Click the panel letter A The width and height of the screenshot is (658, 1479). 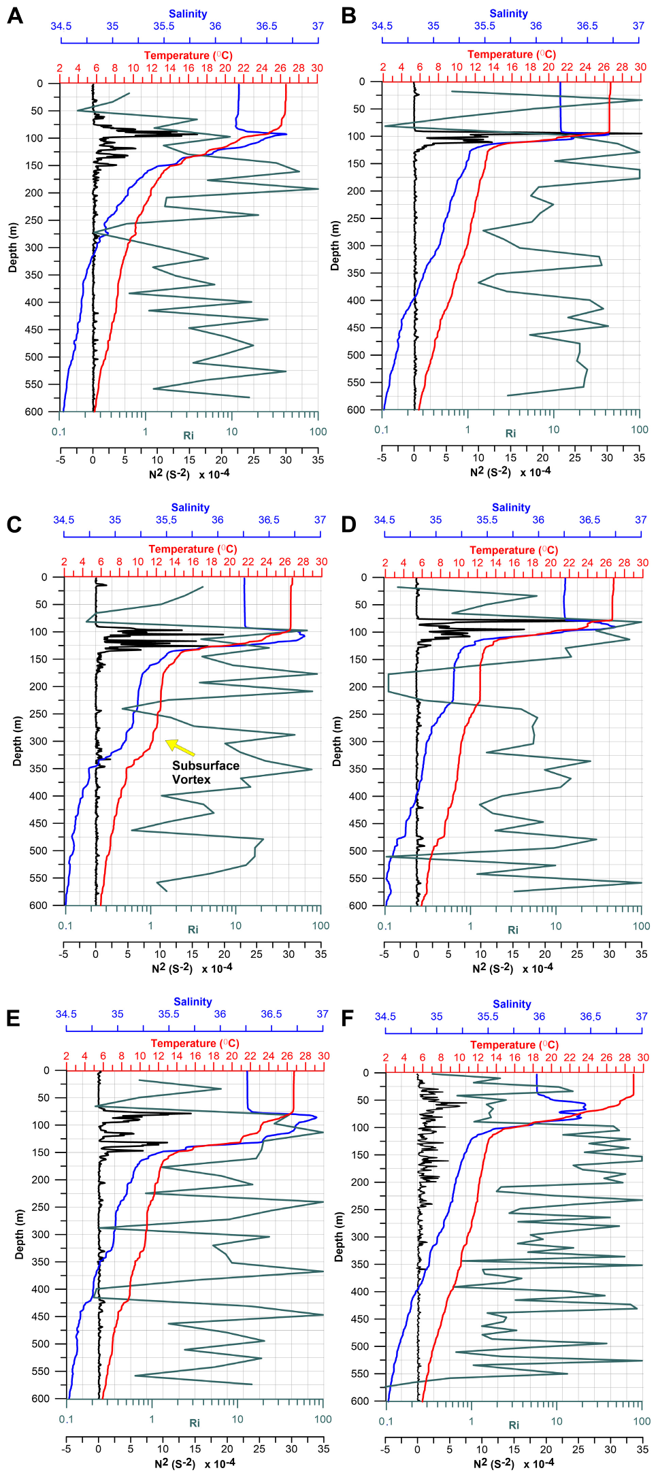(14, 16)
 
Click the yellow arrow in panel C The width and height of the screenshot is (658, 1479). (180, 747)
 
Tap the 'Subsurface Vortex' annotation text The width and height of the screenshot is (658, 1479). (205, 772)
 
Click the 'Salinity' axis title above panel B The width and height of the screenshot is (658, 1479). (508, 14)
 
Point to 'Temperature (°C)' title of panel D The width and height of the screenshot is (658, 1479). (513, 550)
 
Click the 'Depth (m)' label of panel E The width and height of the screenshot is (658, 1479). (19, 1233)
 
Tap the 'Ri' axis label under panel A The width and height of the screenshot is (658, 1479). (188, 435)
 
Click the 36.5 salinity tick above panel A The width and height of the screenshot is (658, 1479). (267, 26)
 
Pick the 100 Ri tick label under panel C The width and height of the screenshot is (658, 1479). (320, 925)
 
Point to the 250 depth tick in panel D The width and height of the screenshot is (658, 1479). (359, 714)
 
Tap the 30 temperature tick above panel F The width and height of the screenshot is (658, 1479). (643, 1057)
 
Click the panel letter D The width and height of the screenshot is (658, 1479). (348, 525)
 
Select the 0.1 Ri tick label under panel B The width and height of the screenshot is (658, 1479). (382, 429)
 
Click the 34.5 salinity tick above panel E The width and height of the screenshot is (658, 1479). (66, 1014)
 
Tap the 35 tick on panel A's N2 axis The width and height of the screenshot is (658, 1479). (318, 459)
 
